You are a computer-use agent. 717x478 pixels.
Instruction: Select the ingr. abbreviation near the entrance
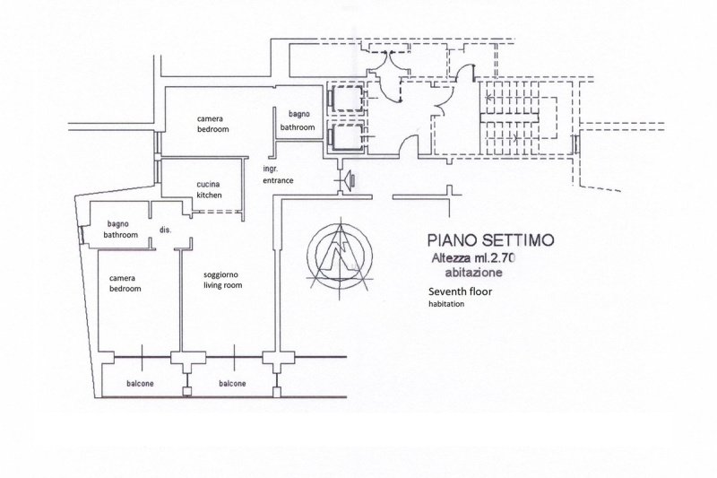click(269, 169)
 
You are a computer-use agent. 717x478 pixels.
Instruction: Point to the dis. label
click(165, 230)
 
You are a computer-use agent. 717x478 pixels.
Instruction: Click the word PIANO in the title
click(452, 240)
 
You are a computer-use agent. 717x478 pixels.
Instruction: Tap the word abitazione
click(472, 273)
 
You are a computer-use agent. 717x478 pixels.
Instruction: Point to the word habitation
click(446, 304)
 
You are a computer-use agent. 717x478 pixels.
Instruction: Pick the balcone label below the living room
click(232, 384)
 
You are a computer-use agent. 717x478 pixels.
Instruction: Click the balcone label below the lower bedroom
click(139, 384)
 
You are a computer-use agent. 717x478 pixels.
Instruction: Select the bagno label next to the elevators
click(298, 116)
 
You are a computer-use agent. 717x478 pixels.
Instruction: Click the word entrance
click(278, 180)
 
